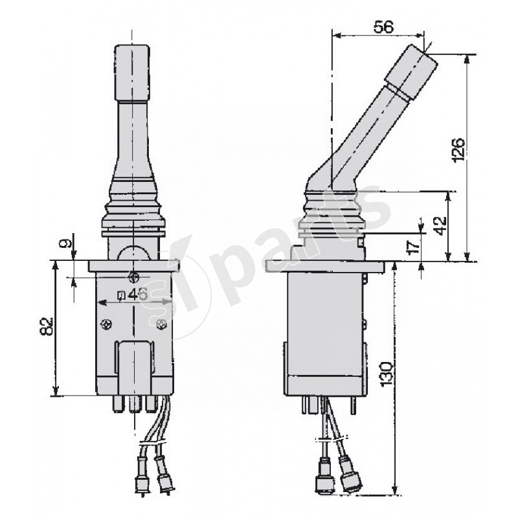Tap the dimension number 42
[x=440, y=225]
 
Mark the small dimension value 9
[x=63, y=244]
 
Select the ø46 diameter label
[x=132, y=293]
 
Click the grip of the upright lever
[x=131, y=71]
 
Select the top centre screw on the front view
[x=134, y=276]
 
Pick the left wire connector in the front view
[x=138, y=480]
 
